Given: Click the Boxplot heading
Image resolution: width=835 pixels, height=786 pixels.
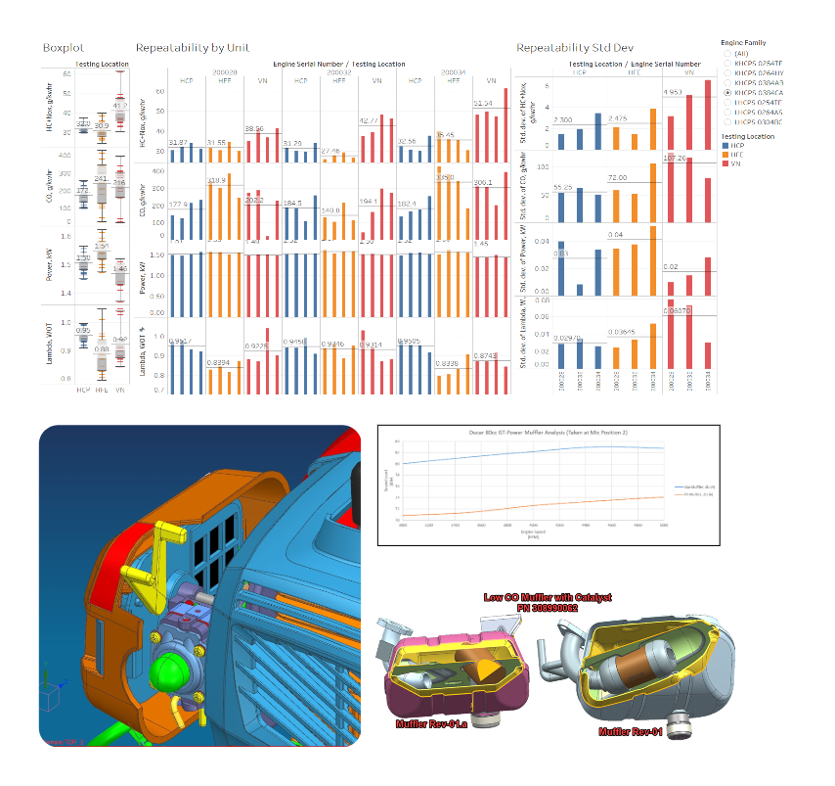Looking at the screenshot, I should click(60, 47).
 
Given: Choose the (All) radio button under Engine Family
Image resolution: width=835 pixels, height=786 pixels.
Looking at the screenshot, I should click(726, 54).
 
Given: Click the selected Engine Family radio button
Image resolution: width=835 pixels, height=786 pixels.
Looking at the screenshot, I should click(726, 92).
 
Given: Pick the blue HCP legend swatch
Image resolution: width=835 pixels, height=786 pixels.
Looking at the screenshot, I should click(725, 146).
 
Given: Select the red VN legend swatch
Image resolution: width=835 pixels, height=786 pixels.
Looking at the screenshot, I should click(725, 163).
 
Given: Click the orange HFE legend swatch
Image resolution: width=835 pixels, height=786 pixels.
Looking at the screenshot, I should click(725, 155).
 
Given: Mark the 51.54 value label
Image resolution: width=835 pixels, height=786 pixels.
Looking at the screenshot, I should click(482, 103).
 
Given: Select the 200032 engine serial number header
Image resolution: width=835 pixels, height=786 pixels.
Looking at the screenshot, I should click(339, 71).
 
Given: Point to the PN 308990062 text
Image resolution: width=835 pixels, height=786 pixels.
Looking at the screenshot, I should click(547, 608).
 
